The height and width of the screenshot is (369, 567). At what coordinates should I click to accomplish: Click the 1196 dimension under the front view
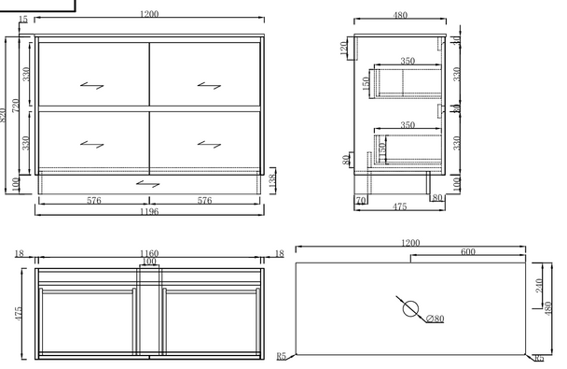[x=149, y=212]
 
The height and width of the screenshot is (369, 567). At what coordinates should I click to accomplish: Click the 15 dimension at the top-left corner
[x=22, y=21]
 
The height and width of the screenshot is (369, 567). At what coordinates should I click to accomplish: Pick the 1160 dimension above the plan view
[x=149, y=253]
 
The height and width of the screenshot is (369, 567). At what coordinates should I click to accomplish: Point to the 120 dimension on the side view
[x=344, y=47]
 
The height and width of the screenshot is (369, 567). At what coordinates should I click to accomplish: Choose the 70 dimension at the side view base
[x=359, y=200]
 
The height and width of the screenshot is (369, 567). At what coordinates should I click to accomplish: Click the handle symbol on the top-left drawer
[x=92, y=86]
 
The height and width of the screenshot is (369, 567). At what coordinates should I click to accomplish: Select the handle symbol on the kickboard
[x=148, y=184]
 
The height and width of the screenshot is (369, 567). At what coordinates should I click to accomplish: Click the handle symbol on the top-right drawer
[x=207, y=86]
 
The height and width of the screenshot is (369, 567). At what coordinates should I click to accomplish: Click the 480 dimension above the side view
[x=401, y=15]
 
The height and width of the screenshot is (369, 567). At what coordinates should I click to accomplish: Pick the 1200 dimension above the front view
[x=149, y=15]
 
